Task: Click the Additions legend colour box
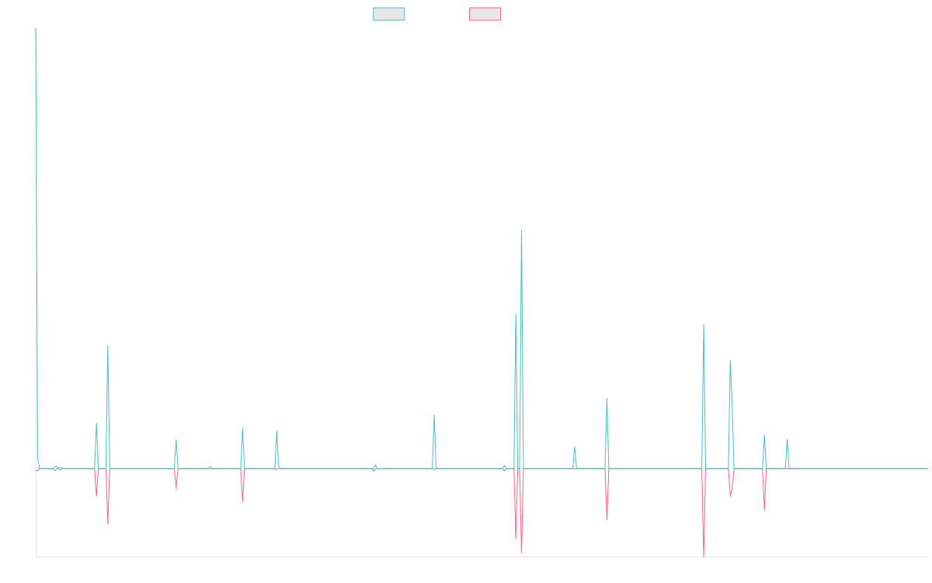(x=389, y=14)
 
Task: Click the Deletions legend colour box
(x=485, y=14)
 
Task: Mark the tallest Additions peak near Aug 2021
(x=521, y=230)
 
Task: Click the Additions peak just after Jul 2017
(x=108, y=347)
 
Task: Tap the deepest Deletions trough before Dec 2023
(x=704, y=556)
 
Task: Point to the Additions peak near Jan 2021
(x=434, y=415)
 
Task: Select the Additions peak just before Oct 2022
(x=607, y=398)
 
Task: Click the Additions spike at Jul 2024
(x=787, y=439)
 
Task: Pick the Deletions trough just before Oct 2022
(x=607, y=519)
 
